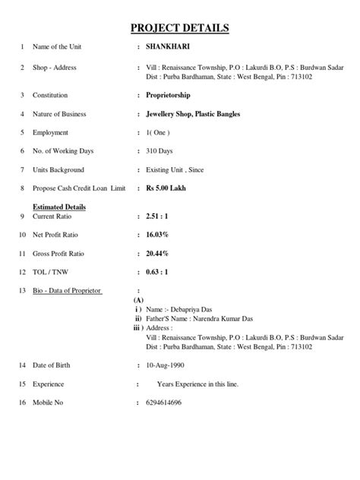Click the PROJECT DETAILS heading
pos(180,29)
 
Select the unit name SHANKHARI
pos(168,47)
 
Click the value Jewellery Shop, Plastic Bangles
pos(193,114)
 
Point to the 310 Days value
pos(160,151)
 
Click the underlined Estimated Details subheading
pos(58,207)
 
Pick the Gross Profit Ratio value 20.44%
pos(157,254)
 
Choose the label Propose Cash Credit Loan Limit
pos(78,188)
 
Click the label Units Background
pos(58,169)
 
